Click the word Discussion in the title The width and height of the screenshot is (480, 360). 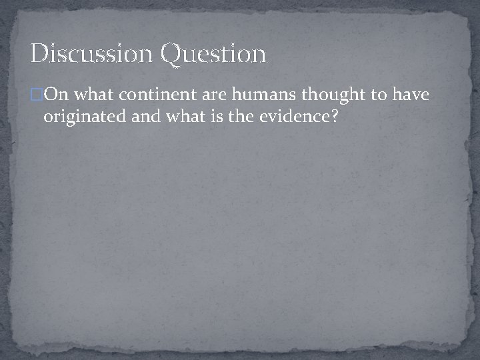(92, 53)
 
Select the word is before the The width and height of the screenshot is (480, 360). (207, 118)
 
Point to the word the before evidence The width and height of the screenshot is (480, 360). (231, 118)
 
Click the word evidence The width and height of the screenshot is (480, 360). (287, 118)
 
